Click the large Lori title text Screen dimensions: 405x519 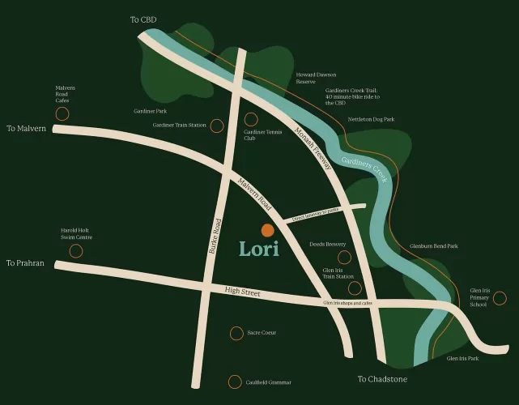tap(259, 249)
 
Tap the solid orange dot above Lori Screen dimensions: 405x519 tap(267, 230)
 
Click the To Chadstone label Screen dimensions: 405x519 tap(382, 378)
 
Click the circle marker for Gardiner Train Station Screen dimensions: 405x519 tap(217, 126)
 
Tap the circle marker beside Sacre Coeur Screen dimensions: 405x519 tap(236, 333)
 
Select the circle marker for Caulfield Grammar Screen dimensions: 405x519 tap(235, 382)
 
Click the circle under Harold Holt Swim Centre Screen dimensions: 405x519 tap(76, 251)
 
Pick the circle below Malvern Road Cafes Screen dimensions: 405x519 tap(62, 115)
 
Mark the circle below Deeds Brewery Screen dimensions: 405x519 tap(344, 258)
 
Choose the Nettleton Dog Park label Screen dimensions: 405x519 tap(371, 119)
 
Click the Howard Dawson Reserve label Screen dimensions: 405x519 tap(316, 78)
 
